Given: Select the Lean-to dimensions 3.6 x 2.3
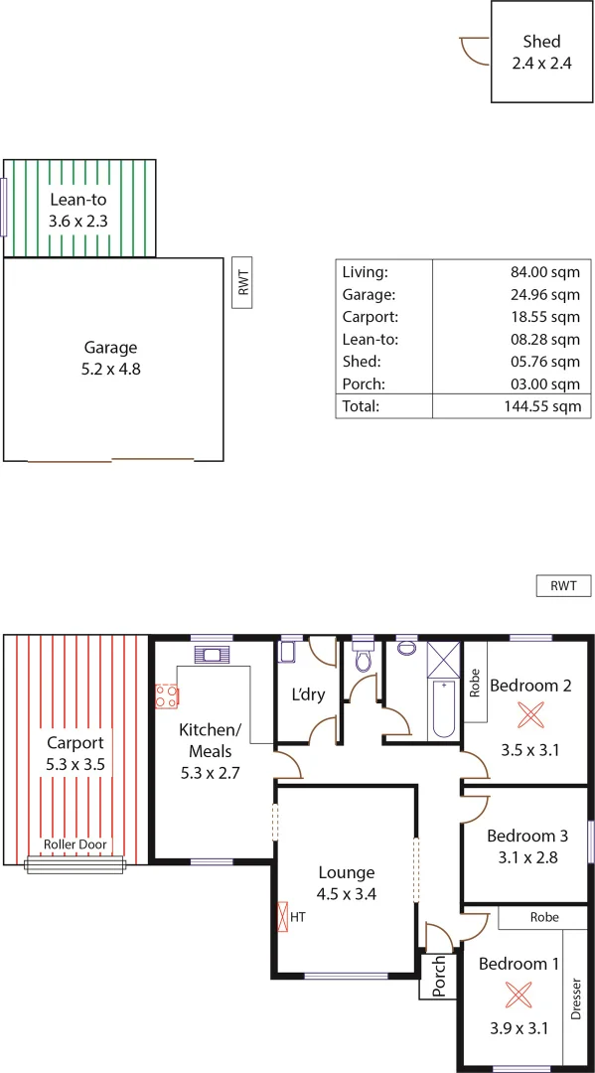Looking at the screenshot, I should pos(78,220).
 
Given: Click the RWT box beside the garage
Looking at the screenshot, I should pos(242,282).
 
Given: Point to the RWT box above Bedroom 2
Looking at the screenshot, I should pos(563,586).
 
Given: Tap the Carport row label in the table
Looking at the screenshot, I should pos(370,317).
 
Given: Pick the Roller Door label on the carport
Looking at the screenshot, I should pos(75,845).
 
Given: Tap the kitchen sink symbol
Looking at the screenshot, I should pos(213,654).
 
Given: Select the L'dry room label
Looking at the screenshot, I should pos(307,694).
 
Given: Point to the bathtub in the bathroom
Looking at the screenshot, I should pos(444,707).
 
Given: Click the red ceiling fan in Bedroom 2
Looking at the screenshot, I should pos(531,714).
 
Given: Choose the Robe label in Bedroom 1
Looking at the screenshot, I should pos(543,917).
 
